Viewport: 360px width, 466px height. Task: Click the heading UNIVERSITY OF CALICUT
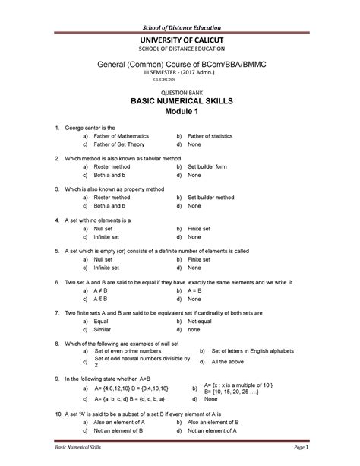click(180, 40)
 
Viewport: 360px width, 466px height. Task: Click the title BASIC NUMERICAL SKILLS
click(180, 100)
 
